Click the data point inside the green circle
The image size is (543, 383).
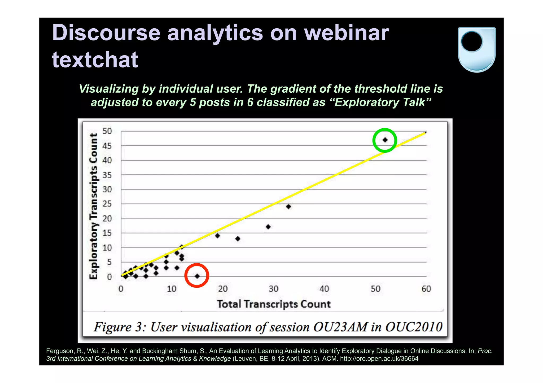(385, 140)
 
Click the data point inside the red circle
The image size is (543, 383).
(197, 276)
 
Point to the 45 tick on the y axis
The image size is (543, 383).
(107, 146)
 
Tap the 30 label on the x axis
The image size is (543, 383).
(274, 289)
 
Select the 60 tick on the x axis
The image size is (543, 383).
(426, 289)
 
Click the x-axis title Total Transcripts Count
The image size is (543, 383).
(274, 304)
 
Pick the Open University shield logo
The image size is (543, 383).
(476, 49)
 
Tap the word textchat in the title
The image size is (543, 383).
(95, 60)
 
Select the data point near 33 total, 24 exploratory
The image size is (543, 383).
(288, 206)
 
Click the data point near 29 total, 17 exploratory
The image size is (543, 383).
(268, 227)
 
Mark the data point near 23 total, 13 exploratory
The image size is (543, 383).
(238, 238)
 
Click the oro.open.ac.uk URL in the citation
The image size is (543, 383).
(379, 359)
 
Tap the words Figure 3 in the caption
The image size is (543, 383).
(120, 327)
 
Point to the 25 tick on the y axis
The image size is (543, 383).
(107, 204)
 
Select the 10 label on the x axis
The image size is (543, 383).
(172, 289)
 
